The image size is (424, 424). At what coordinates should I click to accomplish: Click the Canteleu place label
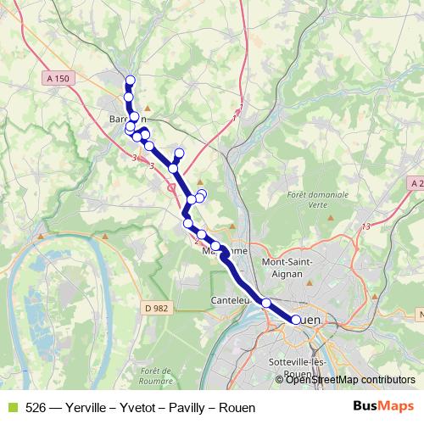230,300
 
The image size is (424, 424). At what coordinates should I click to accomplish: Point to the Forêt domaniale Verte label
318,198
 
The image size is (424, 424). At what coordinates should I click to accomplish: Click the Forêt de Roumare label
159,377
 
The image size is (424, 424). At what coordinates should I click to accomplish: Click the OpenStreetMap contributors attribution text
350,380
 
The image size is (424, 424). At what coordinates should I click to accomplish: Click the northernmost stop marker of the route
130,81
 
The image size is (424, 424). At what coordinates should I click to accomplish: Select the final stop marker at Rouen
296,320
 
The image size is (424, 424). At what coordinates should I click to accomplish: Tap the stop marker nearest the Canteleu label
266,303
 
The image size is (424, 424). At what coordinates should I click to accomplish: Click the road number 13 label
366,226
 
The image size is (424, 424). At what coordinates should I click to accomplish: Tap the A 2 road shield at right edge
416,183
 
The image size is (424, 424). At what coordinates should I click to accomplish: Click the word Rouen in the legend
237,407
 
